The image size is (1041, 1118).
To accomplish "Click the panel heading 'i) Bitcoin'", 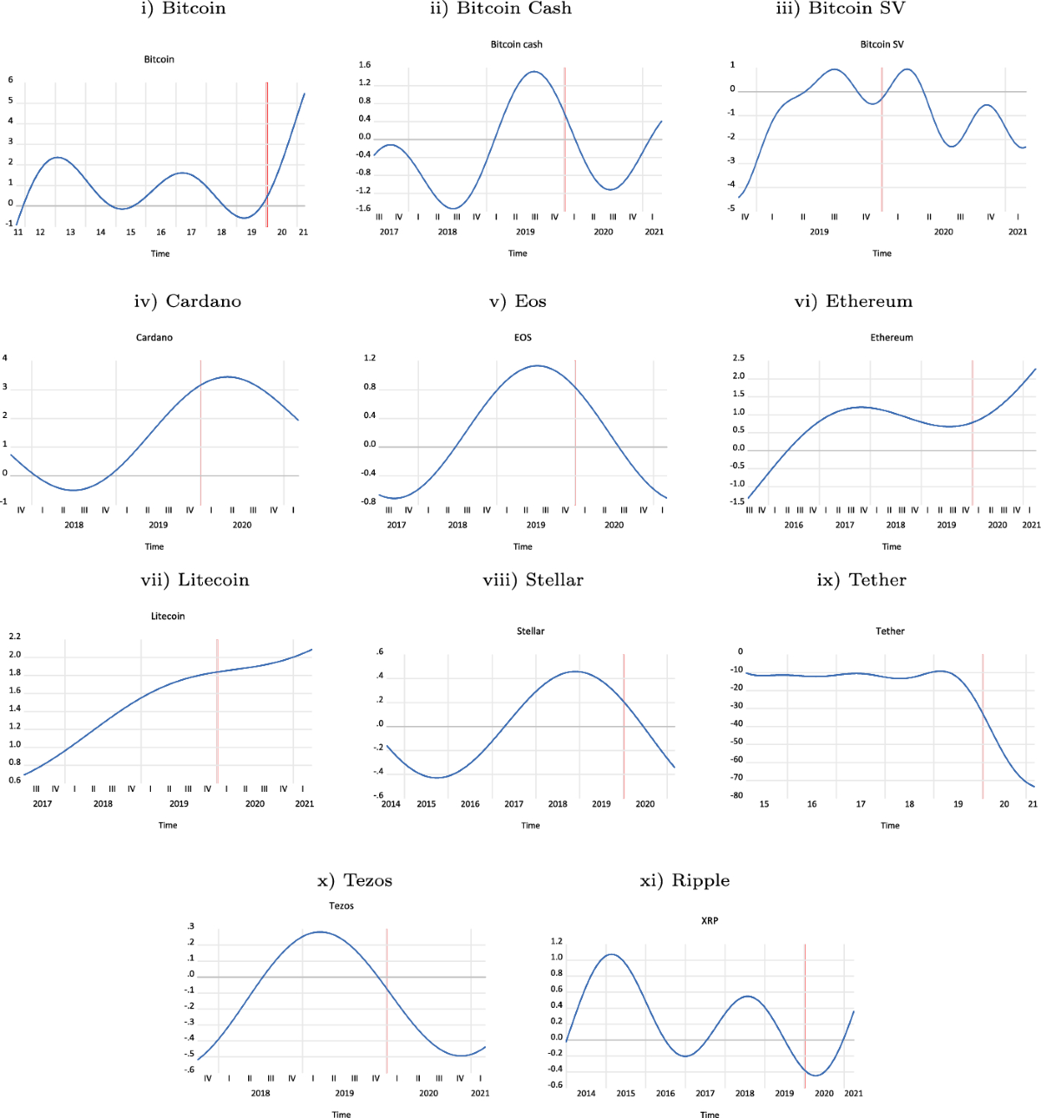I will pos(183,9).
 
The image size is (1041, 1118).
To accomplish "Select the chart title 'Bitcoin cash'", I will pos(516,44).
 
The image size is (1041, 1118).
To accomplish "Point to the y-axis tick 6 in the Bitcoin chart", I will pos(10,80).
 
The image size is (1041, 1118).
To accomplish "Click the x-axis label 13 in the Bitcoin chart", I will pos(70,232).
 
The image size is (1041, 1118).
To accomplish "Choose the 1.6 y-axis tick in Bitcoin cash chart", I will pos(364,65).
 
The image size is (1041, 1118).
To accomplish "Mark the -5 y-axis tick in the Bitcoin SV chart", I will pos(731,208).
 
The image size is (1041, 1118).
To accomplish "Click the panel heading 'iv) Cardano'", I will pos(187,301).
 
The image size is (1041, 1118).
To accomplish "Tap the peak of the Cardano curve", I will pos(227,376).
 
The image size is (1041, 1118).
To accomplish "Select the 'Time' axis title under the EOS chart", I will pos(522,546).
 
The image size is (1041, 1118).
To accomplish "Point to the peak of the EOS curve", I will pos(537,365).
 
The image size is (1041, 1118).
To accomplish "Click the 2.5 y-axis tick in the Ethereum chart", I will pos(738,358).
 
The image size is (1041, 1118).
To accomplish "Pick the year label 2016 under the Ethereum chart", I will pos(793,525).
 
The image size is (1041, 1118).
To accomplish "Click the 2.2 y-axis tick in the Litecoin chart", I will pos(15,637).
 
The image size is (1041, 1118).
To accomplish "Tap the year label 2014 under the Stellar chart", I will pos(391,804).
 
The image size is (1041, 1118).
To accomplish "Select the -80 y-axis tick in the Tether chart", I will pos(737,795).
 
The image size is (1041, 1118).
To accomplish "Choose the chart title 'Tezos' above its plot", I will pos(341,906).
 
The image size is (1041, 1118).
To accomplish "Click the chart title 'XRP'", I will pos(709,920).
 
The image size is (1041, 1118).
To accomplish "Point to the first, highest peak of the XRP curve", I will pos(612,954).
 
